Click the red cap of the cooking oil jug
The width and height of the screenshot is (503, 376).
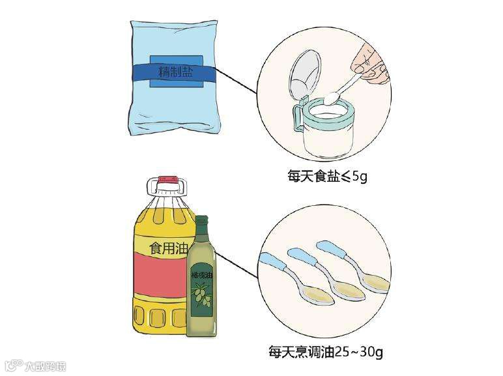click(167, 178)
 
